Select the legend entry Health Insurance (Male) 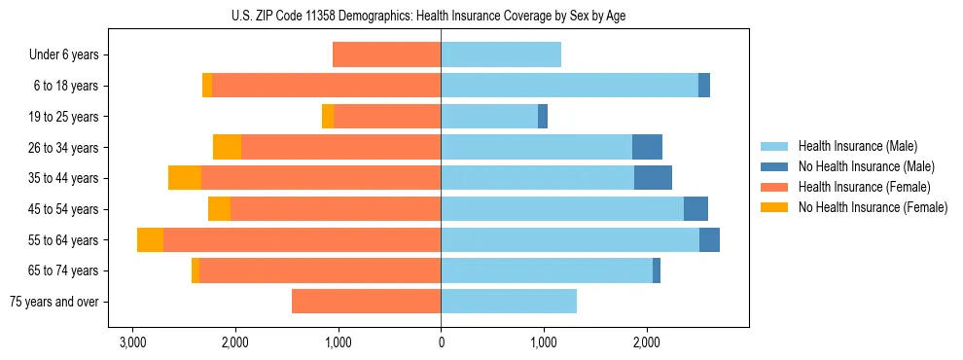click(857, 146)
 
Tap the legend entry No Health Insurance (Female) click(873, 207)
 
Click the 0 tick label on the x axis click(441, 342)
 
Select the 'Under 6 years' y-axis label click(64, 55)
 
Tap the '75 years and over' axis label click(54, 302)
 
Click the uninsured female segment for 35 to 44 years click(185, 178)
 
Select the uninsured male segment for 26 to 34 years click(647, 147)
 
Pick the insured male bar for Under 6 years click(501, 54)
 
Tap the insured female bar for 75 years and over click(366, 302)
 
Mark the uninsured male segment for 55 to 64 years click(709, 239)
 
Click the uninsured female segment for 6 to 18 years click(207, 86)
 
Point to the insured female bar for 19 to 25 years click(387, 117)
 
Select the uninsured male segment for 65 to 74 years click(657, 270)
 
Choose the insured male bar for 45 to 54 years click(562, 209)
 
